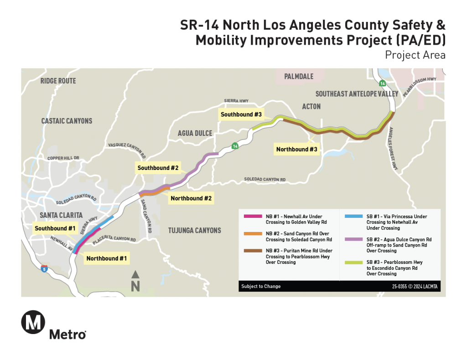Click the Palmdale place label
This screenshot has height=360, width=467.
299,76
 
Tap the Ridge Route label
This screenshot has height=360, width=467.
58,81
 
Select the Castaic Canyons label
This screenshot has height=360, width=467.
67,121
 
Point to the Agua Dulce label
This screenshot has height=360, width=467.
195,133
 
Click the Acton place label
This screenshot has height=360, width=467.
311,106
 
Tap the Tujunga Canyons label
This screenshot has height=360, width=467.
194,230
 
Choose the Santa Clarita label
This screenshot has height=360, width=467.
61,215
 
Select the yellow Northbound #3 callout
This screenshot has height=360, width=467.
296,149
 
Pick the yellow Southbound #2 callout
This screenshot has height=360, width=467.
158,168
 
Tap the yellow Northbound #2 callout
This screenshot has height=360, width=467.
191,198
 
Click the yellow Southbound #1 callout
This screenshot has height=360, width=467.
55,228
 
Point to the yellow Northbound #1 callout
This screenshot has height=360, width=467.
107,258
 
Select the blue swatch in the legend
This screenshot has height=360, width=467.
354,216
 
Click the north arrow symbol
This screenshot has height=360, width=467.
135,275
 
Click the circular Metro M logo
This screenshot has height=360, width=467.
33,322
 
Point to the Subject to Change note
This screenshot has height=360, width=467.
261,286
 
